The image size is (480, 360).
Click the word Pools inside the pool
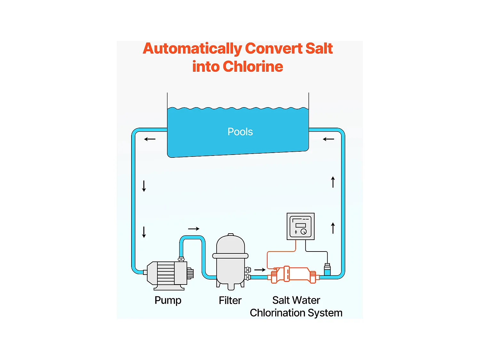point(240,132)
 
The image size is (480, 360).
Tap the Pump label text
point(168,300)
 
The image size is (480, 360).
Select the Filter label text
point(230,300)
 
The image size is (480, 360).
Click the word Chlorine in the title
point(253,67)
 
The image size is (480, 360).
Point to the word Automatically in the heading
point(192,49)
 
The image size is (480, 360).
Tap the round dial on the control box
point(304,232)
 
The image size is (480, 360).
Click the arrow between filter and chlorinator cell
point(260,270)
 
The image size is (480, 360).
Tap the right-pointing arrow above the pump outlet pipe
point(194,229)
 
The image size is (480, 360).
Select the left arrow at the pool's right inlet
point(328,139)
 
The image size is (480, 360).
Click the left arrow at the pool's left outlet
point(150,139)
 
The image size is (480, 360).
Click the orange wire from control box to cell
point(282,252)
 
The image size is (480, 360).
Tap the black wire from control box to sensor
point(317,252)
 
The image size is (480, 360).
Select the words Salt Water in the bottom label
point(296,300)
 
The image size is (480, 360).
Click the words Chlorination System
point(296,313)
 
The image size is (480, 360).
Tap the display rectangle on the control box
point(300,225)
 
